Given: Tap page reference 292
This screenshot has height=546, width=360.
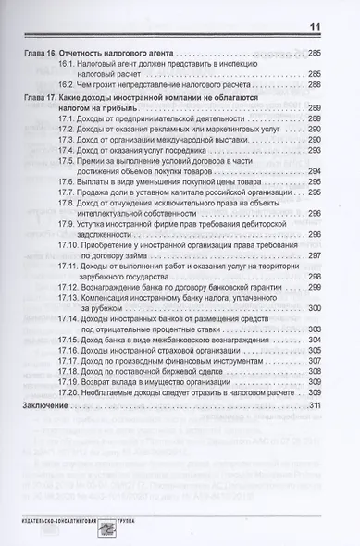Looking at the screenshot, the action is click(x=315, y=148).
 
